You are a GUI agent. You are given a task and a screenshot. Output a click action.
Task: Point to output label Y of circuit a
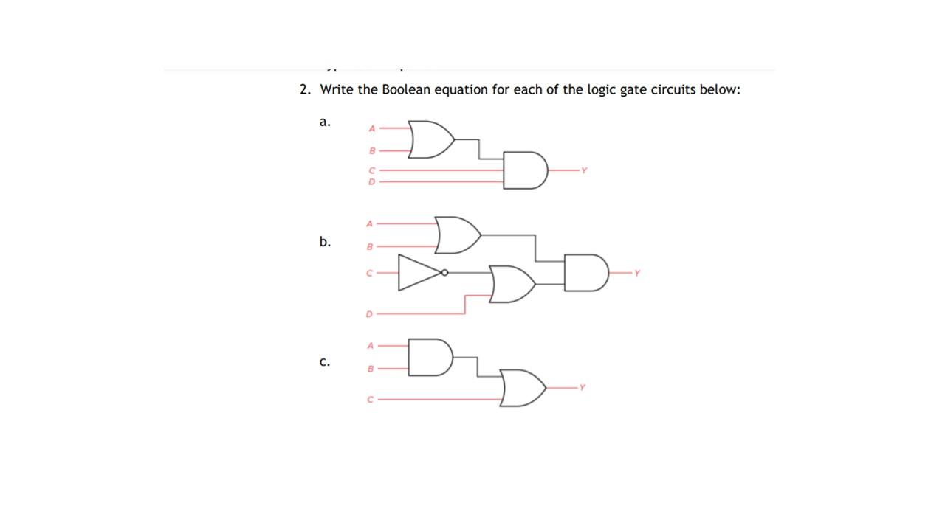583,170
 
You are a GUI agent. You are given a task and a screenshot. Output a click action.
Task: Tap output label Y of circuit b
637,273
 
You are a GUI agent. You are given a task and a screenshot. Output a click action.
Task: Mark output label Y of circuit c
582,387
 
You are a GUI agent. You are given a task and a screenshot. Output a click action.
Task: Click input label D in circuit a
371,181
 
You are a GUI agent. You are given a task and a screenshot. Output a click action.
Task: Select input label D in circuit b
369,314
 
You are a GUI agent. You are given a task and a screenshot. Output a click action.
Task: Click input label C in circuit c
371,400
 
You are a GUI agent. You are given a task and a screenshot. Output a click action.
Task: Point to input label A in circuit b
370,223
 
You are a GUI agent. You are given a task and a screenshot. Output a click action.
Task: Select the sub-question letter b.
325,242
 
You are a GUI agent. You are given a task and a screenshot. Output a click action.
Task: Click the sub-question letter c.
324,362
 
